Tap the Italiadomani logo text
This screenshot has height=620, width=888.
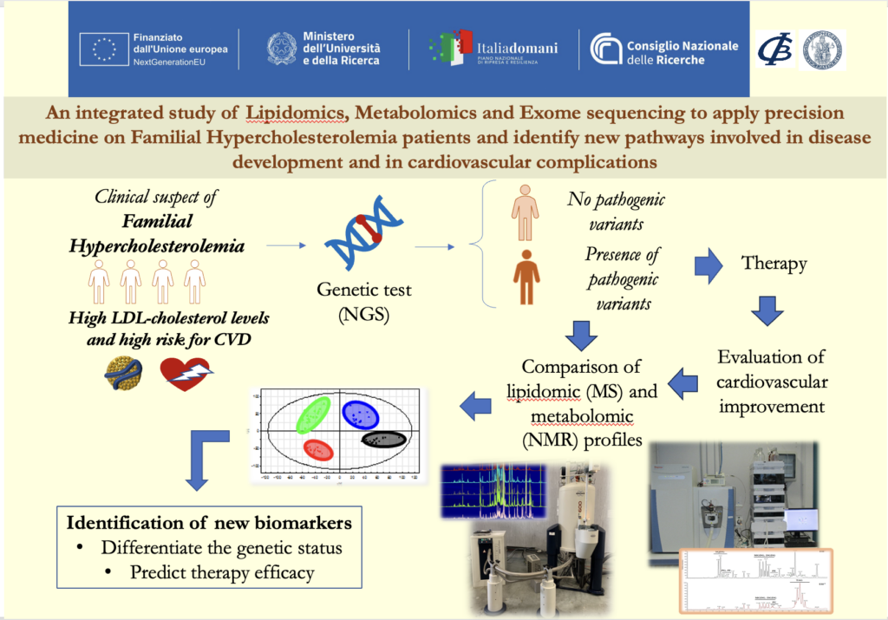click(x=518, y=49)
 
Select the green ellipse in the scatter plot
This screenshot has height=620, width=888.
click(x=313, y=414)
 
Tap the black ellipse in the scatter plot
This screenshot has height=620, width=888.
click(x=383, y=439)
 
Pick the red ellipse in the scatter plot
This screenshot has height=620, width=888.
click(x=318, y=449)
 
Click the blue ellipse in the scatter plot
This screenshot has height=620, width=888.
click(x=362, y=414)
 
